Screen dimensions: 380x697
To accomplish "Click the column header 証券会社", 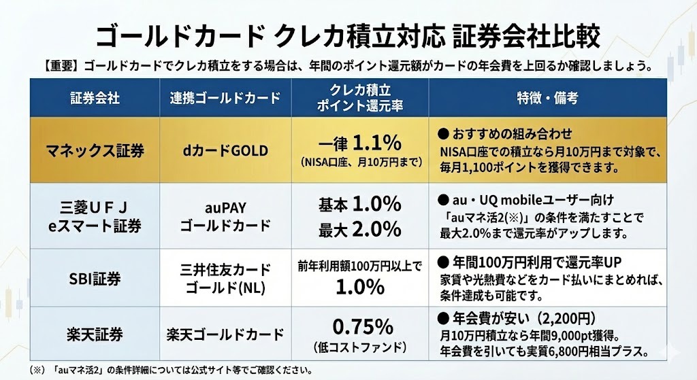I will click(95, 98).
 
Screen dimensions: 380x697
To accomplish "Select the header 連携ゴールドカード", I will click(225, 98).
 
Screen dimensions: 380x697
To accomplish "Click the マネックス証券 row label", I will click(95, 150).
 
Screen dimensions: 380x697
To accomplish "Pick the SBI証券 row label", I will click(95, 278).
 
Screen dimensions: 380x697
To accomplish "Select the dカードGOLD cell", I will click(225, 150).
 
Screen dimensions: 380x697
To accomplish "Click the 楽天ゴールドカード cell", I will click(225, 334).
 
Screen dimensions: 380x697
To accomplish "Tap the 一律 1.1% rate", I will click(359, 143).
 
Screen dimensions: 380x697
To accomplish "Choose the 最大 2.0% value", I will click(359, 229).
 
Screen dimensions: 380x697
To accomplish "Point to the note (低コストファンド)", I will click(359, 348).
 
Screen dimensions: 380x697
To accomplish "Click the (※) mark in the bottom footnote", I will click(38, 370).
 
